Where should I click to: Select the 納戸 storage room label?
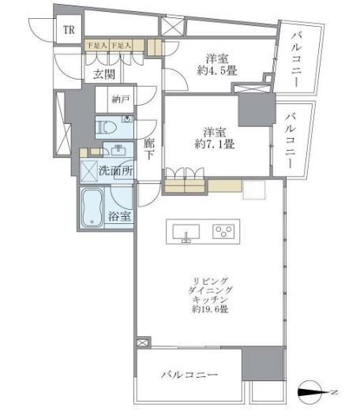click(120, 99)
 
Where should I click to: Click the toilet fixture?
click(108, 125)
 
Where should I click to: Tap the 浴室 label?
click(120, 216)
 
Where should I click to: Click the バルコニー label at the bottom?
click(190, 375)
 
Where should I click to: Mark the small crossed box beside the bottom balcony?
click(142, 344)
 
